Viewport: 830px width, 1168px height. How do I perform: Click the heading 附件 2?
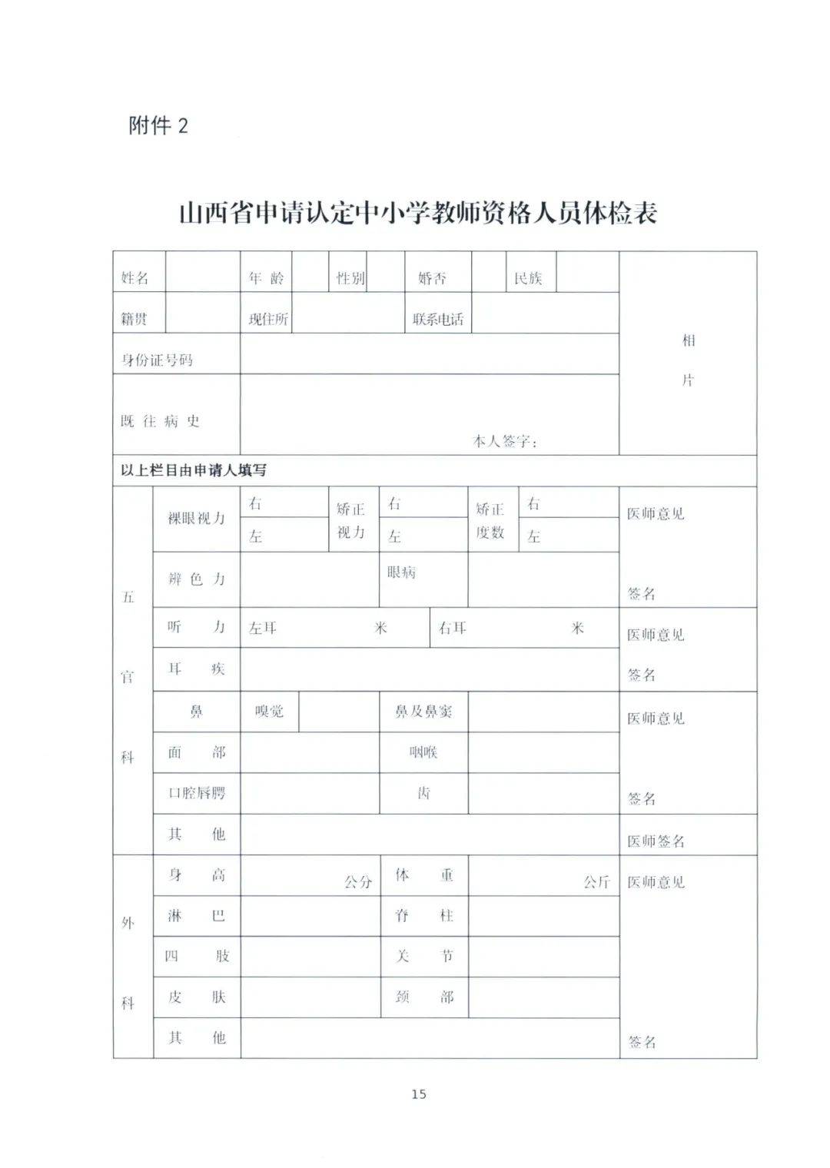(158, 125)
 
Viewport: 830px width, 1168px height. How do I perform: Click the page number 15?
(418, 1093)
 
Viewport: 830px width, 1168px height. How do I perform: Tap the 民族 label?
(529, 278)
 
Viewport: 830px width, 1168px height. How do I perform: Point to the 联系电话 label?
(438, 319)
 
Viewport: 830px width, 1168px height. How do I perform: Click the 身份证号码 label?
(158, 360)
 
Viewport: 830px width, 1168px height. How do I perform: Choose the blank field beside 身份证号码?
(429, 353)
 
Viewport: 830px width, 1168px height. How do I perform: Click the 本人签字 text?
(504, 441)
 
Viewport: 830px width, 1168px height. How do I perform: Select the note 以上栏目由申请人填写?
(194, 470)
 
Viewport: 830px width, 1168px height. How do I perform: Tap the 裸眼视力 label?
(197, 519)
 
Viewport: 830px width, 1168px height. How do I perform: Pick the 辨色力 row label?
(197, 579)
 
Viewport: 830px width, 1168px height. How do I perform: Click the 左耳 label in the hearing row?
(263, 628)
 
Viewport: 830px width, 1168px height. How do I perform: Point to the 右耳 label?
(453, 628)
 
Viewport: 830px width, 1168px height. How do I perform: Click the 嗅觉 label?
(269, 712)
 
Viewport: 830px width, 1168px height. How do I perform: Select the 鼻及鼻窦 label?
(423, 712)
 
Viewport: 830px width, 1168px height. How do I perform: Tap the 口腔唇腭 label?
(197, 793)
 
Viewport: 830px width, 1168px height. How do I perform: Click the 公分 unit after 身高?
(358, 882)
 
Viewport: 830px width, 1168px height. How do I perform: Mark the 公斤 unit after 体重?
(596, 882)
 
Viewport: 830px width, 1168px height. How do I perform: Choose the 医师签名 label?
(656, 841)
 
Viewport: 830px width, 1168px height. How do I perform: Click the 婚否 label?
(432, 278)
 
